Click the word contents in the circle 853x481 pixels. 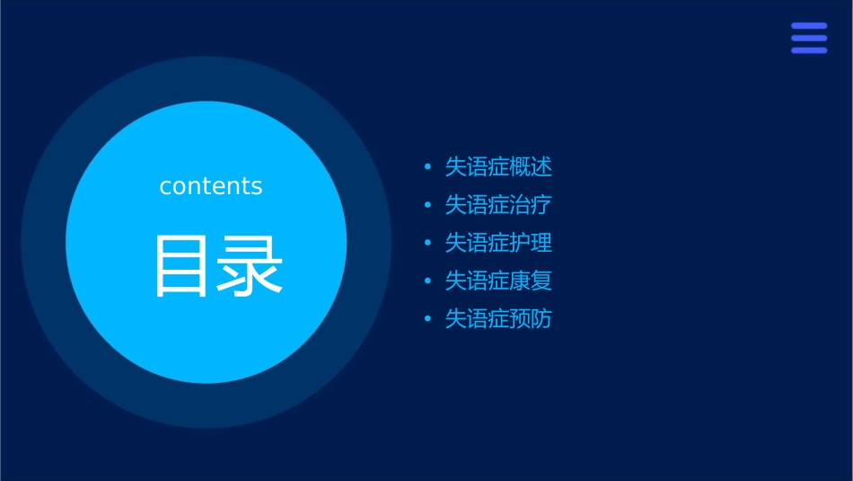[211, 186]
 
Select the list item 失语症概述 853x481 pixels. [498, 167]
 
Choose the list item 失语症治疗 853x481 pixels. [498, 205]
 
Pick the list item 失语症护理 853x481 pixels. [498, 243]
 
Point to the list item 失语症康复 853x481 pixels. [498, 281]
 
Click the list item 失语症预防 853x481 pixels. [498, 319]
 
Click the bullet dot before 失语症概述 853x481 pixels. [427, 167]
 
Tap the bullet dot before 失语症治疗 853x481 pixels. [427, 205]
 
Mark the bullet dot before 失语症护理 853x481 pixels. [427, 243]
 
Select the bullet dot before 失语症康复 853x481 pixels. [427, 281]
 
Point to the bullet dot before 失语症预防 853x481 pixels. [427, 319]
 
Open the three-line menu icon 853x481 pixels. [809, 38]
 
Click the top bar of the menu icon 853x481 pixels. [809, 26]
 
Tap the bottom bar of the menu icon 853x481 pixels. [809, 50]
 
